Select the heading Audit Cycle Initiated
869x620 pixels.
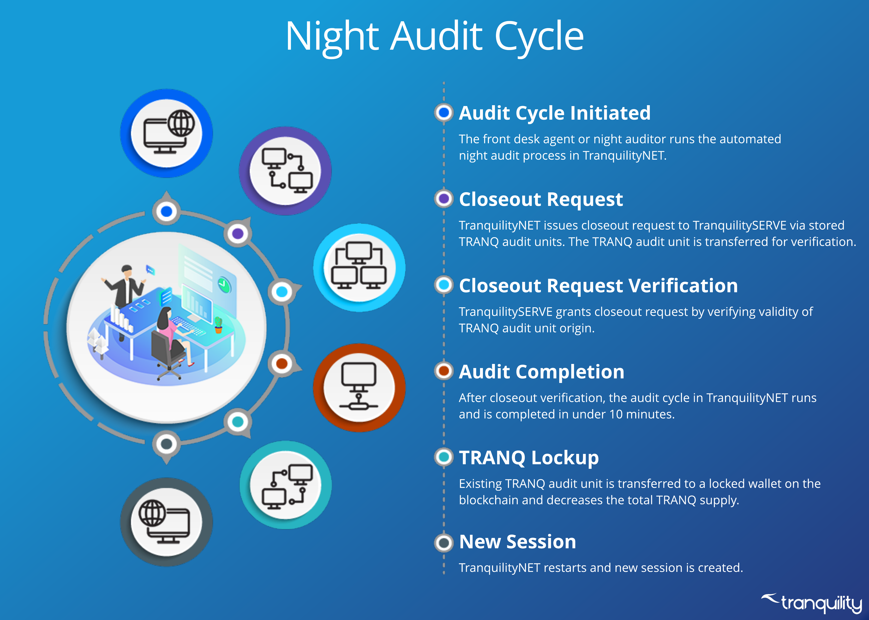click(555, 113)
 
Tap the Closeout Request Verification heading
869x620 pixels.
click(598, 286)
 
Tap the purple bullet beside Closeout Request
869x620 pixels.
click(444, 199)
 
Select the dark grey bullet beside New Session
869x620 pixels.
click(444, 542)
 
